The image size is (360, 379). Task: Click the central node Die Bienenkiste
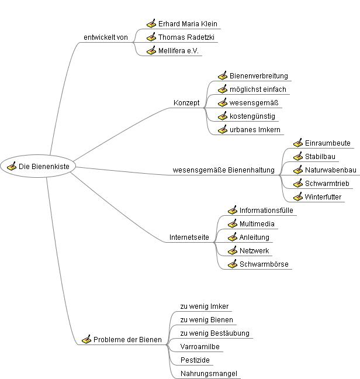coord(44,167)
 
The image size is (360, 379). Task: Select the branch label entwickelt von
coord(106,37)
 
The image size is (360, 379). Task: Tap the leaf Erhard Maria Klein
coord(187,24)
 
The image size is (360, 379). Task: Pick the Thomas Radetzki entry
coord(184,37)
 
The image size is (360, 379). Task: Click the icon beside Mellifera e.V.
coord(151,51)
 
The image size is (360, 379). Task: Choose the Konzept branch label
coord(186,103)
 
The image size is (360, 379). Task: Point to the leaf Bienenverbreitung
coord(258,76)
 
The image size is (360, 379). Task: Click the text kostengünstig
coord(252,116)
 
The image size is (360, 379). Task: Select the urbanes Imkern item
coord(255,130)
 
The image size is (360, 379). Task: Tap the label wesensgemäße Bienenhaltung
coord(223,170)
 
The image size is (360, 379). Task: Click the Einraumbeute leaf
coord(327,143)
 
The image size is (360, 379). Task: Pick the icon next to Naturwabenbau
coord(298,170)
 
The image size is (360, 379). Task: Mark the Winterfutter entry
coord(323,197)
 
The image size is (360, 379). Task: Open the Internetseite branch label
coord(189,237)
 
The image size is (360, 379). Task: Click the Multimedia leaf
coord(257,224)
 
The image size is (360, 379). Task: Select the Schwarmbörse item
coord(264,264)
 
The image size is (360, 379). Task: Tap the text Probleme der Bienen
coord(127,340)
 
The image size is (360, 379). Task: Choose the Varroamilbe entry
coord(200,347)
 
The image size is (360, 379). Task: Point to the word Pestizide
coord(195,360)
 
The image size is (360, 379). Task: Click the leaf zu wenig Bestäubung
coord(214,333)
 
